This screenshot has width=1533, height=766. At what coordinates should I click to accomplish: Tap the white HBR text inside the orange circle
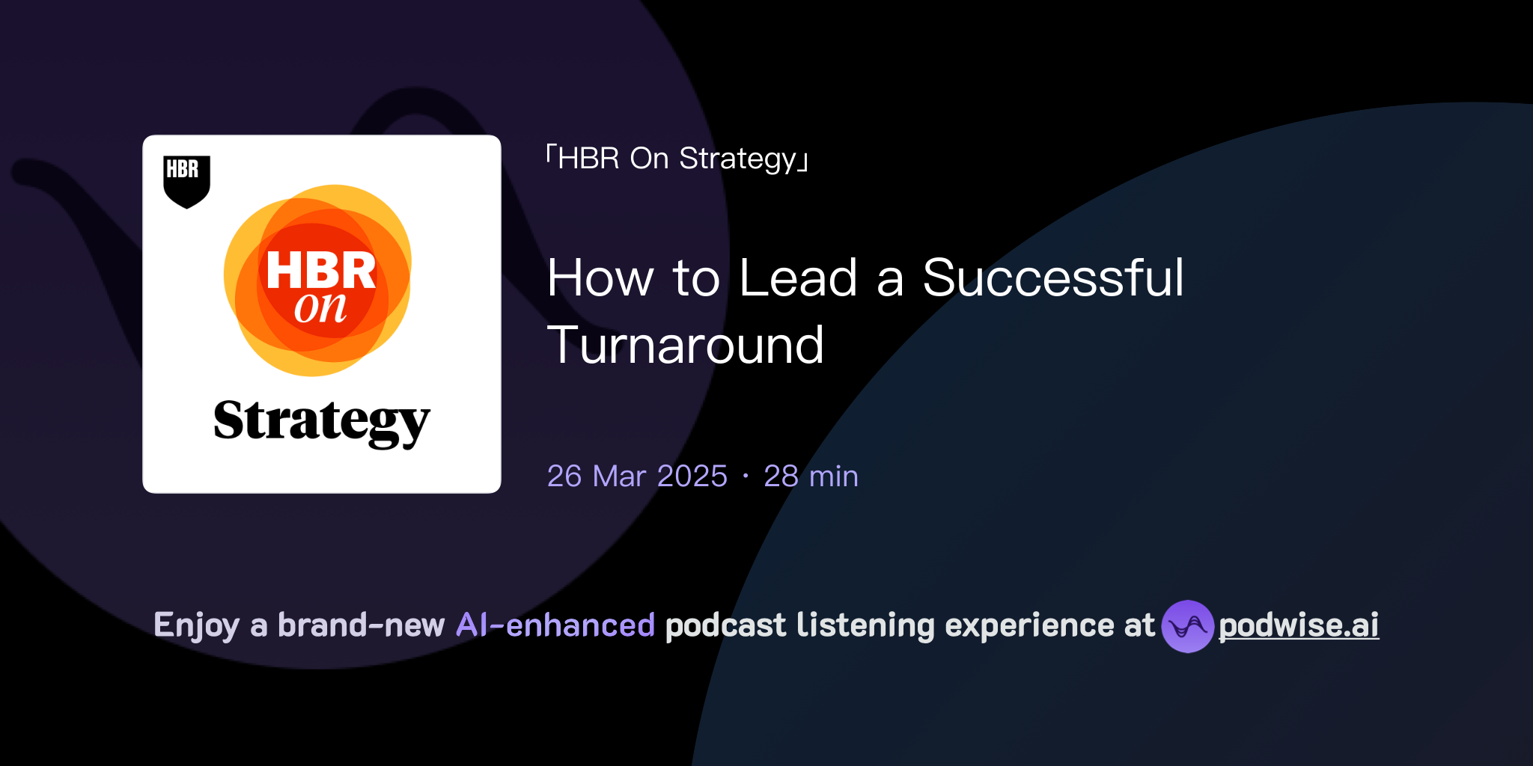pyautogui.click(x=320, y=270)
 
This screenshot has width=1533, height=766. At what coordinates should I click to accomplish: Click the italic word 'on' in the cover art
pyautogui.click(x=320, y=307)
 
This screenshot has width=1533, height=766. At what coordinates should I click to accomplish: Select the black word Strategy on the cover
pyautogui.click(x=322, y=422)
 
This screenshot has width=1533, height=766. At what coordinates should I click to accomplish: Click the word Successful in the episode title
pyautogui.click(x=1053, y=278)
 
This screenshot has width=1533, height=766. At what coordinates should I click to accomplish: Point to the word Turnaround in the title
pyautogui.click(x=686, y=346)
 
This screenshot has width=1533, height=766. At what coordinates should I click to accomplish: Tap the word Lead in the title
pyautogui.click(x=798, y=278)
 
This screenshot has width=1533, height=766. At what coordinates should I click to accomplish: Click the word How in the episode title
pyautogui.click(x=600, y=278)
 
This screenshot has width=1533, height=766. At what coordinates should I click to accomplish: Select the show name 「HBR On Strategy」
pyautogui.click(x=677, y=159)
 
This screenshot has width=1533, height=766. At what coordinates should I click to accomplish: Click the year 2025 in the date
pyautogui.click(x=692, y=477)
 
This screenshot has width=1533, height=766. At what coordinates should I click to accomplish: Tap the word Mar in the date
pyautogui.click(x=619, y=477)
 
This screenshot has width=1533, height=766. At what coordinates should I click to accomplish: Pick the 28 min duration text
pyautogui.click(x=811, y=477)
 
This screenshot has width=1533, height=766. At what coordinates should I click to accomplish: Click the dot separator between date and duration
pyautogui.click(x=746, y=477)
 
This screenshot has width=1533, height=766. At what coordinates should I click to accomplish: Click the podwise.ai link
pyautogui.click(x=1299, y=626)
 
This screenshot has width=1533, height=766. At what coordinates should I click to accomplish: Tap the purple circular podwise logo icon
pyautogui.click(x=1187, y=626)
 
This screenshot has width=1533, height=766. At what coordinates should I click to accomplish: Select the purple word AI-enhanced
pyautogui.click(x=555, y=625)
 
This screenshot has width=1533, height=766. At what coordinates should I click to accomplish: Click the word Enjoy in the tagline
pyautogui.click(x=196, y=626)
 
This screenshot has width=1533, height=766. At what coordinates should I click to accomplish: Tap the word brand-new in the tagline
pyautogui.click(x=361, y=625)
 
